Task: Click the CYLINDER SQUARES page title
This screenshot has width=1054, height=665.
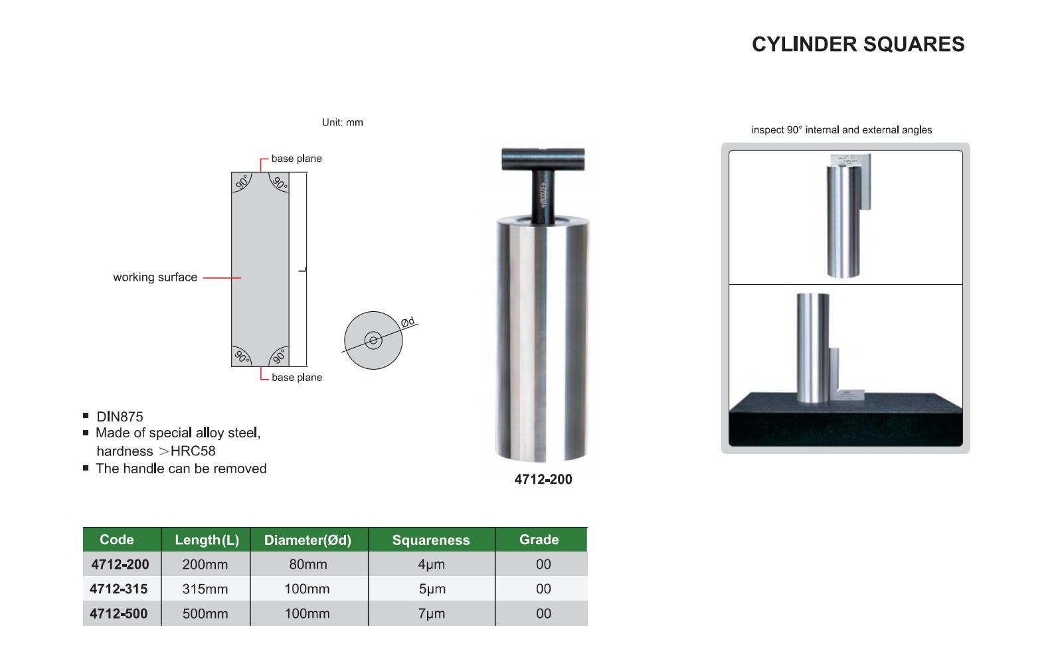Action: [x=858, y=44]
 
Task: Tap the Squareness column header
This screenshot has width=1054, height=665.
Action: [x=431, y=540]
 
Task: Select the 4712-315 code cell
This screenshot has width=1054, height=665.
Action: [x=119, y=589]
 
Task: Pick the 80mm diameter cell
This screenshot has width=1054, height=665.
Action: [x=308, y=564]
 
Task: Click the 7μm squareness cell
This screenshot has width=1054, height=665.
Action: [x=432, y=614]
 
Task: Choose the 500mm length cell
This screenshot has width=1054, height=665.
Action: [x=205, y=614]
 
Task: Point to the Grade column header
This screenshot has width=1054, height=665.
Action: [x=539, y=540]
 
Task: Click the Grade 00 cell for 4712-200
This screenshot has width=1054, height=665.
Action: [x=543, y=564]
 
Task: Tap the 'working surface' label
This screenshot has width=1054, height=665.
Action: [x=155, y=277]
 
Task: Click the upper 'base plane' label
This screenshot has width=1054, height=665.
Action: [x=296, y=159]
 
